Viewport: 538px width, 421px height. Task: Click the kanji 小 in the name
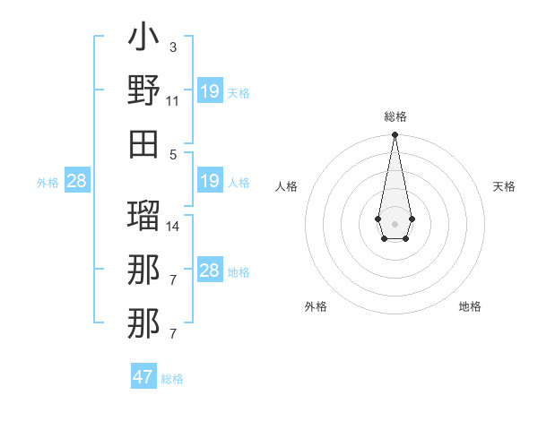[143, 39]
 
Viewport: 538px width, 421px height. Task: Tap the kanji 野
[143, 90]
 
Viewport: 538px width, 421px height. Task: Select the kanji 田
[143, 143]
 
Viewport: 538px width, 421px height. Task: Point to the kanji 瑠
[143, 214]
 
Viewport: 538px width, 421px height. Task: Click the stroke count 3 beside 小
[172, 46]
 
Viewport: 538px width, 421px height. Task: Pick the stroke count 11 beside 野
[172, 100]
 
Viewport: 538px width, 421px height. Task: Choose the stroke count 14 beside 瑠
[173, 226]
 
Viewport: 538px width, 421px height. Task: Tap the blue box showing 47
[143, 377]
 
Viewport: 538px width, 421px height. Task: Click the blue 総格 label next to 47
[172, 379]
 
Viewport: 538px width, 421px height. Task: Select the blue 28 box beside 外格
[77, 181]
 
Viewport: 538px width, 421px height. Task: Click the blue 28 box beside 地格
[210, 271]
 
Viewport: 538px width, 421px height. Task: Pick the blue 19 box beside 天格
[210, 90]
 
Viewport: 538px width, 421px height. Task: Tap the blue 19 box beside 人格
[210, 181]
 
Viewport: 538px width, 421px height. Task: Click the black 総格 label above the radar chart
[395, 116]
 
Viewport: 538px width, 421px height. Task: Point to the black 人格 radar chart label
[287, 186]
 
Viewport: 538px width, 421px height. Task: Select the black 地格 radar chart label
[470, 306]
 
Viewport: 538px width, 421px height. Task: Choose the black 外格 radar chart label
[316, 306]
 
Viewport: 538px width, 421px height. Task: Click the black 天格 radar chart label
[504, 186]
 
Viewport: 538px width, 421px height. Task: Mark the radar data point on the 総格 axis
[395, 135]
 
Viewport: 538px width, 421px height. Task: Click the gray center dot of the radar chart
[395, 223]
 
